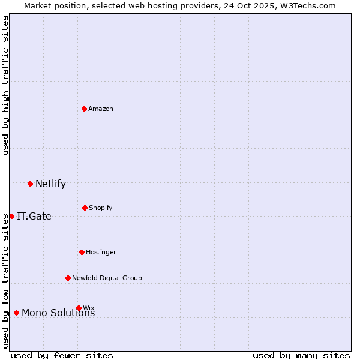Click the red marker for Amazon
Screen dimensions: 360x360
click(x=85, y=109)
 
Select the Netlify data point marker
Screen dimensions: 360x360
click(x=30, y=184)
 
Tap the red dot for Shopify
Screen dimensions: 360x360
click(x=85, y=208)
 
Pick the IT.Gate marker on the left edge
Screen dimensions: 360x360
click(x=11, y=216)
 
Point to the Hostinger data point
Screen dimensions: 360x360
click(x=82, y=252)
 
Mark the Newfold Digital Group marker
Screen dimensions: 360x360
click(x=68, y=278)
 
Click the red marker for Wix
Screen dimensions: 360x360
click(x=79, y=308)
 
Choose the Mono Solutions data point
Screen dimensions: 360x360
click(x=16, y=313)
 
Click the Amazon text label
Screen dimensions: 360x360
click(x=101, y=109)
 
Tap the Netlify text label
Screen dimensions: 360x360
click(x=50, y=184)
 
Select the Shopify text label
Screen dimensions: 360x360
click(x=101, y=208)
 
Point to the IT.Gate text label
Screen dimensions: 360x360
click(x=34, y=217)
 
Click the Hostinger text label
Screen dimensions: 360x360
click(x=101, y=252)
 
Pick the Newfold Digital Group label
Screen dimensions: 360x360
click(x=107, y=278)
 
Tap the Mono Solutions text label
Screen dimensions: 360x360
click(x=58, y=313)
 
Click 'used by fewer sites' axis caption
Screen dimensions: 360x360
click(x=62, y=355)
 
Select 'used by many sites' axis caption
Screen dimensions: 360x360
click(x=301, y=355)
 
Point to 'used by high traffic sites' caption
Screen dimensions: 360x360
click(x=5, y=85)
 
